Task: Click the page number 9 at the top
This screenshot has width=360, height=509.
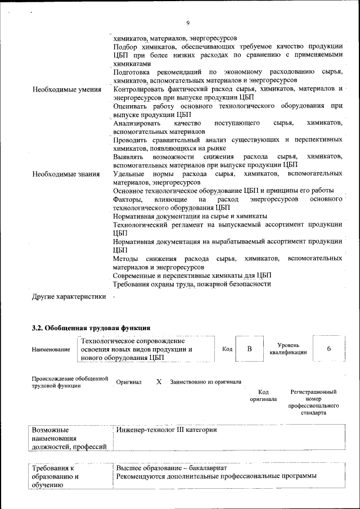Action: pos(188,22)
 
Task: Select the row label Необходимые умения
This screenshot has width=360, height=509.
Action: pos(67,90)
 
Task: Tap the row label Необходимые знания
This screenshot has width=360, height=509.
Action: pos(67,174)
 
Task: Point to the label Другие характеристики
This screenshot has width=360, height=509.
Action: pos(69,298)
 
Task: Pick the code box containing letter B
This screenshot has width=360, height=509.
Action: pos(250,349)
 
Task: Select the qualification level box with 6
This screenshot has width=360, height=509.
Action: pos(328,349)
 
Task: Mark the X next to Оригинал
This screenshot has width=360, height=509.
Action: pos(159,381)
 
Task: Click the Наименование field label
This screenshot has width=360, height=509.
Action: pos(51,349)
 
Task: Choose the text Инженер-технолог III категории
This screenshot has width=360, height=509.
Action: pos(166,430)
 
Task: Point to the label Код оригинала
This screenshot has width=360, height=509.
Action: pos(263,395)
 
